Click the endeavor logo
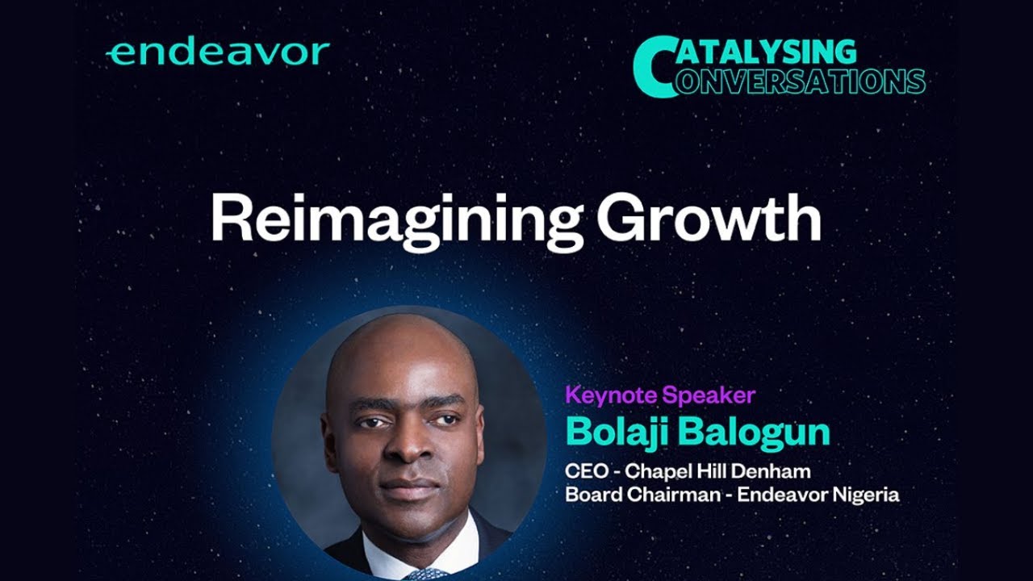pos(218,53)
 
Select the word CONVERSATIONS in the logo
pos(799,82)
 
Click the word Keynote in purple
pos(610,395)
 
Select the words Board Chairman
pos(641,495)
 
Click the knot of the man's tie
pos(426,574)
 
